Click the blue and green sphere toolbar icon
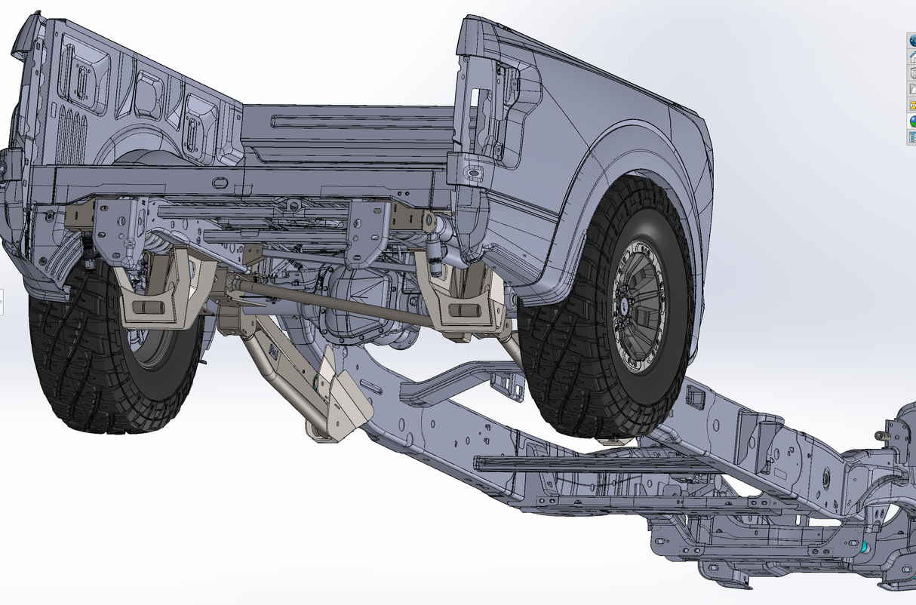tap(912, 120)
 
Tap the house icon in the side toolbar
tap(912, 57)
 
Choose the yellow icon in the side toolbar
tap(912, 104)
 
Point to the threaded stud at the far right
tap(880, 435)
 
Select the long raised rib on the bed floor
tap(355, 121)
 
